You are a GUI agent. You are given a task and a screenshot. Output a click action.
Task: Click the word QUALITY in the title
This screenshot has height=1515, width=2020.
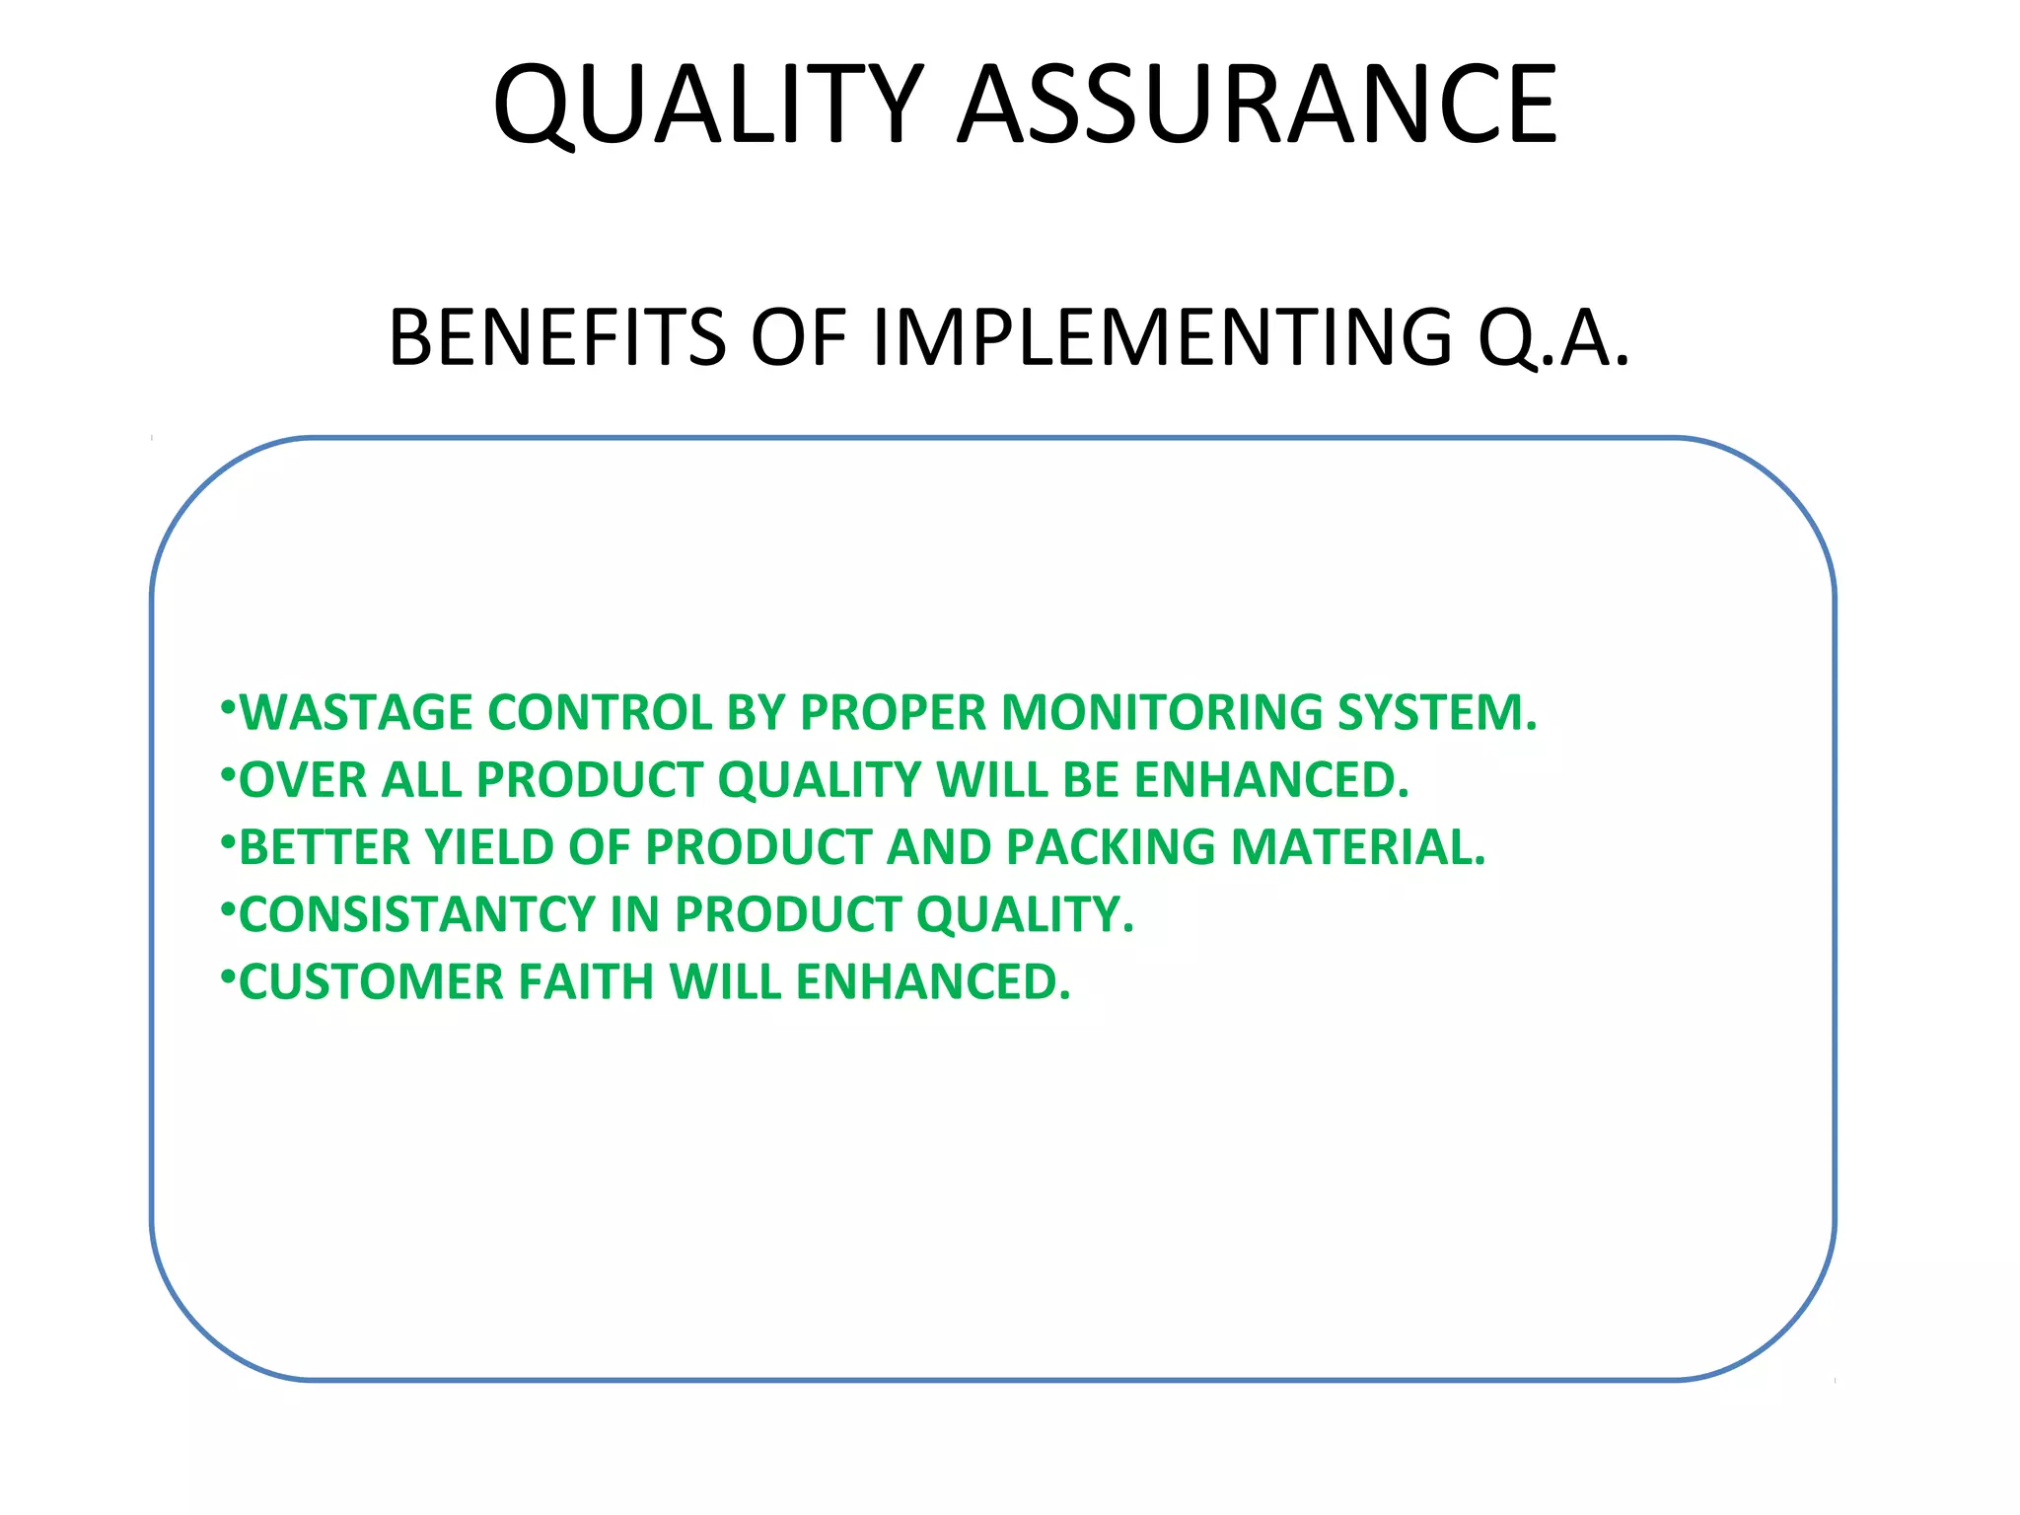coord(708,105)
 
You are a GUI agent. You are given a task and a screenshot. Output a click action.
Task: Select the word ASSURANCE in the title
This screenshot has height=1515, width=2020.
coord(1258,105)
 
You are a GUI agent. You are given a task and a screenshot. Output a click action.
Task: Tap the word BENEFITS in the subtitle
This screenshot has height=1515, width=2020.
coord(557,337)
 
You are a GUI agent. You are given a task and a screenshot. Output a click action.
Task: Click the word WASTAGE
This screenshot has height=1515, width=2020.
coord(356,713)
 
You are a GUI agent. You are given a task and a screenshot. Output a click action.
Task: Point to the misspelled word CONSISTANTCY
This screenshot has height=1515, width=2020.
coord(417,914)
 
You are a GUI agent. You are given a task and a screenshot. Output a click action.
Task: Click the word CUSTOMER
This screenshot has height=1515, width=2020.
coord(371,982)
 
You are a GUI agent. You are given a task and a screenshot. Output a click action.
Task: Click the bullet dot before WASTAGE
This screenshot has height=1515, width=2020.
coord(228,706)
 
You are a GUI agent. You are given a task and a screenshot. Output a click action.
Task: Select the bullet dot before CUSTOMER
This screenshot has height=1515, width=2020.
coord(228,976)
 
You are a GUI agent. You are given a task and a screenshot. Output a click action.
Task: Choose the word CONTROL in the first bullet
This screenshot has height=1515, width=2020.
coord(600,713)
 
